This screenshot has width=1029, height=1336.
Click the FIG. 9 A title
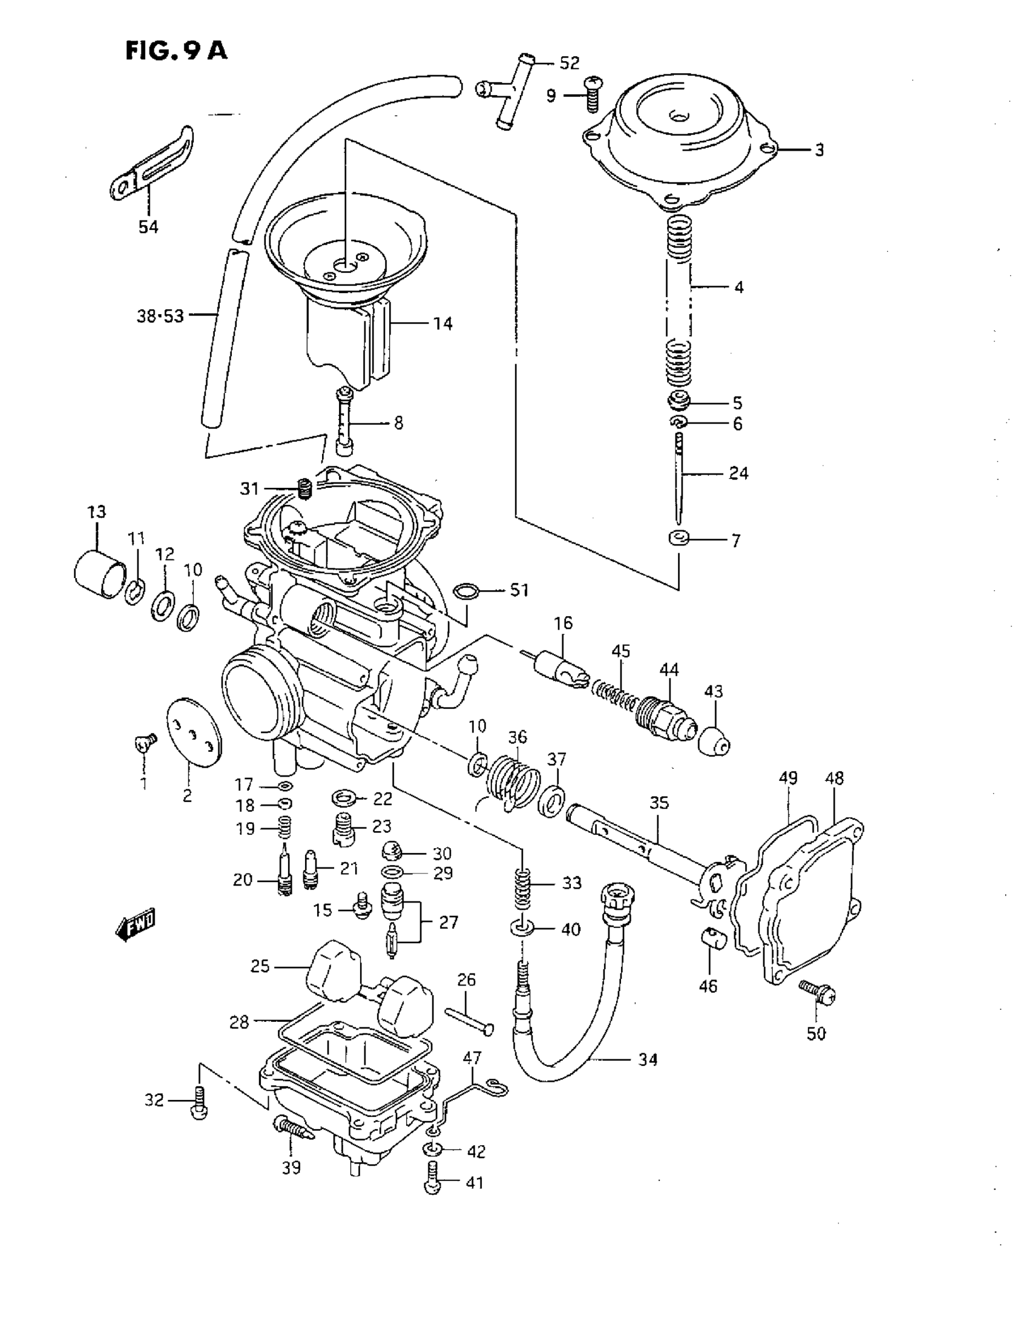coord(176,51)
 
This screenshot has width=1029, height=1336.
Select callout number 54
coord(148,228)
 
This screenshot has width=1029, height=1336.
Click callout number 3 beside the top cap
coord(819,150)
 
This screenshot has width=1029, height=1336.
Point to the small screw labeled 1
coord(145,742)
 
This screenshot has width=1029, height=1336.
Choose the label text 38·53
coord(160,316)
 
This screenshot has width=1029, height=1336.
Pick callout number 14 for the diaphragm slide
coord(442,324)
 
